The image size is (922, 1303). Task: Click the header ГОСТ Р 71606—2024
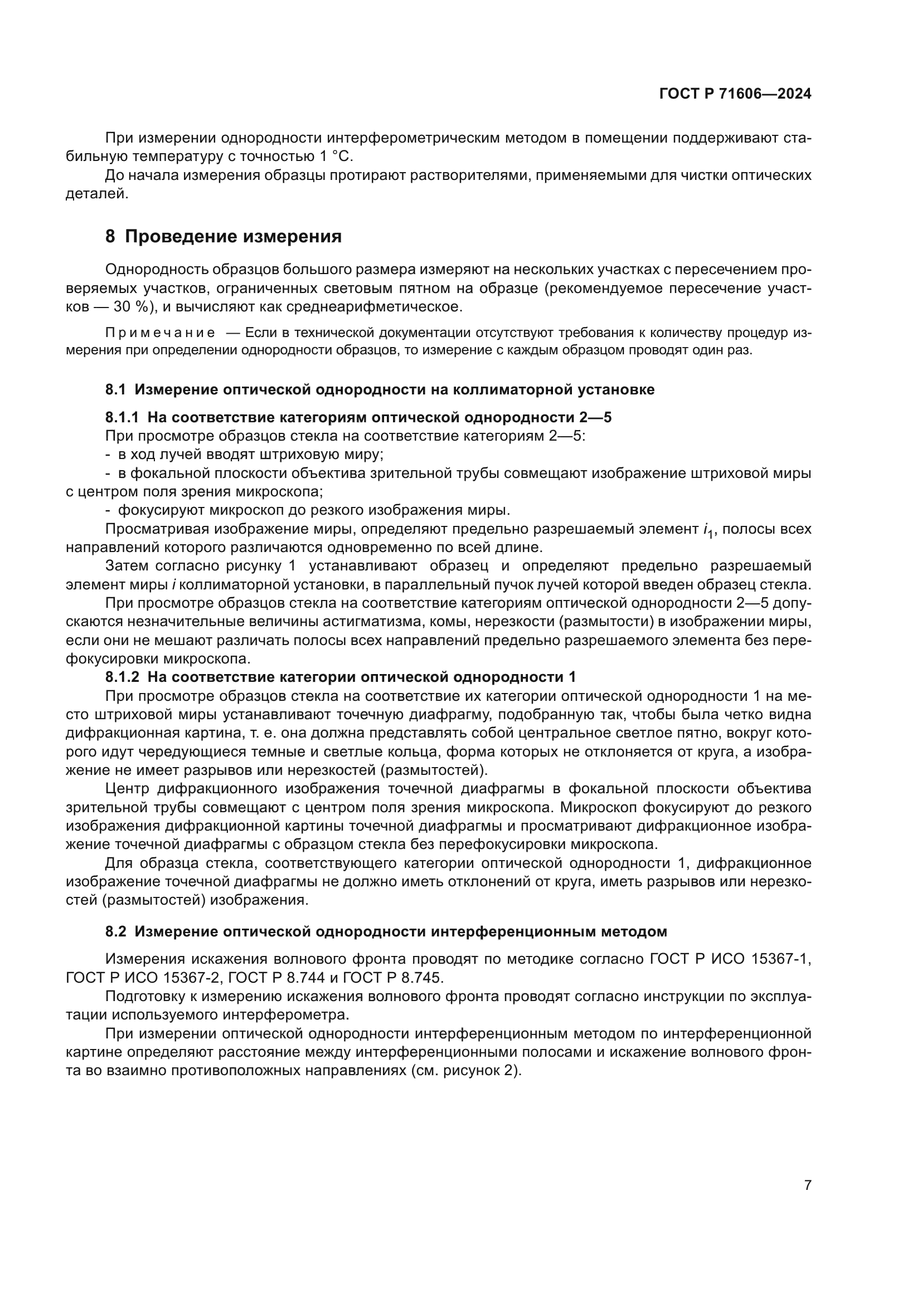[x=735, y=94]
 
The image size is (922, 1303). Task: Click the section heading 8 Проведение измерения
[x=224, y=237]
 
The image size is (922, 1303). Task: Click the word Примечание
[x=160, y=333]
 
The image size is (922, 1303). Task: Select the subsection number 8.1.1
[x=122, y=418]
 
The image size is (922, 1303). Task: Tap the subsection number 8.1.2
[x=122, y=677]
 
